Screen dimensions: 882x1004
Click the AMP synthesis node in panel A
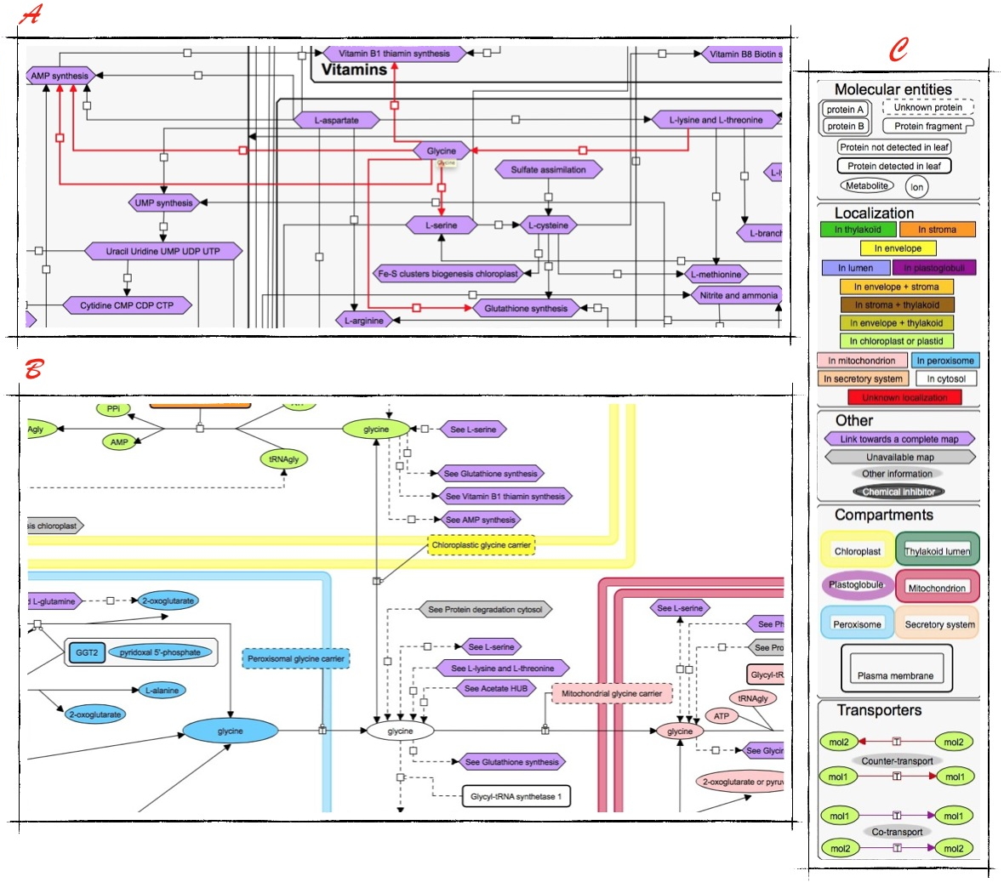pyautogui.click(x=60, y=76)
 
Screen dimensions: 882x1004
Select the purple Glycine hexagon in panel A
pyautogui.click(x=442, y=151)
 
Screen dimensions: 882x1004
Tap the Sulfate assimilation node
pyautogui.click(x=548, y=170)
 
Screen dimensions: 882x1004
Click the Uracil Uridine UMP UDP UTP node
pyautogui.click(x=163, y=251)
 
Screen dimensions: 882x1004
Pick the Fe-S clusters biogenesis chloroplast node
pyautogui.click(x=448, y=274)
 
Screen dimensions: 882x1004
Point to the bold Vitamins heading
pyautogui.click(x=354, y=70)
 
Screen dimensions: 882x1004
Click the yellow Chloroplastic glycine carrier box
pyautogui.click(x=481, y=545)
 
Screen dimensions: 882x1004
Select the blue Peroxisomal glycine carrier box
pyautogui.click(x=295, y=658)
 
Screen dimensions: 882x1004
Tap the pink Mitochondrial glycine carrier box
pyautogui.click(x=611, y=694)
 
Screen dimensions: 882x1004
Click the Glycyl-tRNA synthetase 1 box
pyautogui.click(x=516, y=797)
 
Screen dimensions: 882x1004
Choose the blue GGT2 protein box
pyautogui.click(x=87, y=653)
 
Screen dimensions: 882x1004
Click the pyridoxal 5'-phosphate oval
pyautogui.click(x=160, y=653)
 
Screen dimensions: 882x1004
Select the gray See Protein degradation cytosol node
pyautogui.click(x=485, y=609)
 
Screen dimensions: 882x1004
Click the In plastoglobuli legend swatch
pyautogui.click(x=933, y=268)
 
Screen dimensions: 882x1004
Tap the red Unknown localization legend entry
pyautogui.click(x=904, y=397)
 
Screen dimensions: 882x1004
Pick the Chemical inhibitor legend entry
pyautogui.click(x=898, y=492)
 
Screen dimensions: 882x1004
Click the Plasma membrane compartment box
pyautogui.click(x=896, y=669)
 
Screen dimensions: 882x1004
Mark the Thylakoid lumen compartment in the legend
pyautogui.click(x=937, y=550)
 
